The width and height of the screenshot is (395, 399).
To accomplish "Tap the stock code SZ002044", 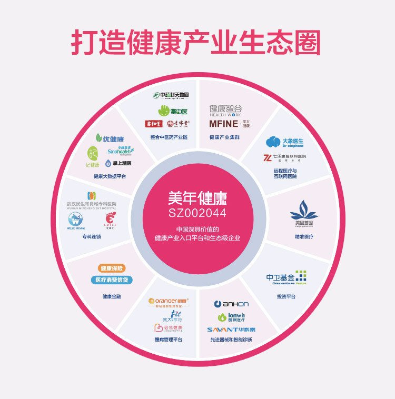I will (x=197, y=213).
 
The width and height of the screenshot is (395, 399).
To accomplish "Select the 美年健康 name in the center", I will (x=197, y=198).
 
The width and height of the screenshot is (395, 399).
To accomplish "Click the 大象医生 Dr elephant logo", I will (x=284, y=142).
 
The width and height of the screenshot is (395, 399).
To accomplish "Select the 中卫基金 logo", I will (x=286, y=277).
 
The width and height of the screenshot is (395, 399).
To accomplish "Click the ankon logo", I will (x=232, y=304).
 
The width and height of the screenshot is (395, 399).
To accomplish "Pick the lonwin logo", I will (x=232, y=316).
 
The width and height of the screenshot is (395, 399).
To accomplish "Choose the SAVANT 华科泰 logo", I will (x=231, y=329).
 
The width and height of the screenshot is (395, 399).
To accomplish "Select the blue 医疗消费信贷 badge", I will (x=112, y=280).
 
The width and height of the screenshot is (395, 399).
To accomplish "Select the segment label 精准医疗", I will (x=304, y=236).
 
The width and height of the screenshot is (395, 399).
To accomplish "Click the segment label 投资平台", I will (x=286, y=296).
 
